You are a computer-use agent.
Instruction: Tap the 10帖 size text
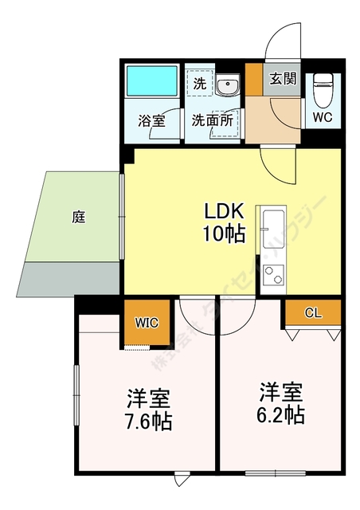click(x=224, y=234)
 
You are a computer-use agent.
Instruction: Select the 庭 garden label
click(x=78, y=216)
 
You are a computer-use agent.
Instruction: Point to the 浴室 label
click(x=151, y=121)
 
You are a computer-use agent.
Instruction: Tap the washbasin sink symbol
click(x=227, y=84)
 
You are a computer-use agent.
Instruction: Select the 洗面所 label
click(x=212, y=121)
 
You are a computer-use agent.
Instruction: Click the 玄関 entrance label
click(x=282, y=79)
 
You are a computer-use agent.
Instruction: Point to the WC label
click(x=323, y=116)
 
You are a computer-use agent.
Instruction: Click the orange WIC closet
click(x=147, y=323)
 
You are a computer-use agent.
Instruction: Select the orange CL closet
click(x=313, y=312)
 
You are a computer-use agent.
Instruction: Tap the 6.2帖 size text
click(x=280, y=403)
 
